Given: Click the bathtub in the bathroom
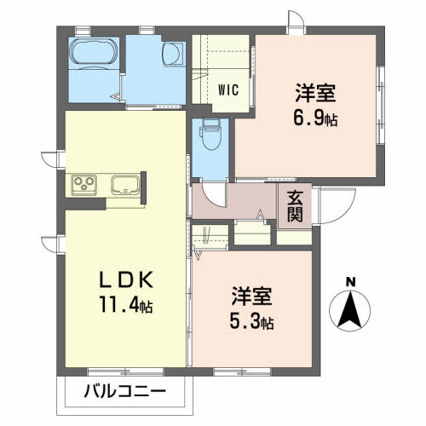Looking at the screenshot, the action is click(x=94, y=51).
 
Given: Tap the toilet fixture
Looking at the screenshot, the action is click(x=210, y=134).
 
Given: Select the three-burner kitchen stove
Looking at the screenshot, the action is click(x=83, y=185).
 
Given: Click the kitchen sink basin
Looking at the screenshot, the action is click(x=125, y=185).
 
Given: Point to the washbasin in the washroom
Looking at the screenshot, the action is click(x=173, y=54).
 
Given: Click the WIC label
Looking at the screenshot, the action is click(x=228, y=90).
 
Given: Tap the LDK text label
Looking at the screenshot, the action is click(x=126, y=280).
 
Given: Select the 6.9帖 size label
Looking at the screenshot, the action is click(x=315, y=119).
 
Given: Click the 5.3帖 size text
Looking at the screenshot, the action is click(x=251, y=322).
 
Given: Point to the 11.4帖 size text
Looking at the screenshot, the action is click(x=126, y=305).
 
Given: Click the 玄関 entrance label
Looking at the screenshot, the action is click(x=295, y=206).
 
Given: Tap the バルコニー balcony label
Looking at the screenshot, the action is click(x=124, y=392).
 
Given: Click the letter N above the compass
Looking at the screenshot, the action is click(x=351, y=282).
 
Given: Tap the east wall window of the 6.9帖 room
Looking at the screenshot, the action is click(x=381, y=106).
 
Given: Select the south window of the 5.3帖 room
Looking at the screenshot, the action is click(x=242, y=371).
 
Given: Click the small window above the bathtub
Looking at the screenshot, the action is click(x=83, y=30).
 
